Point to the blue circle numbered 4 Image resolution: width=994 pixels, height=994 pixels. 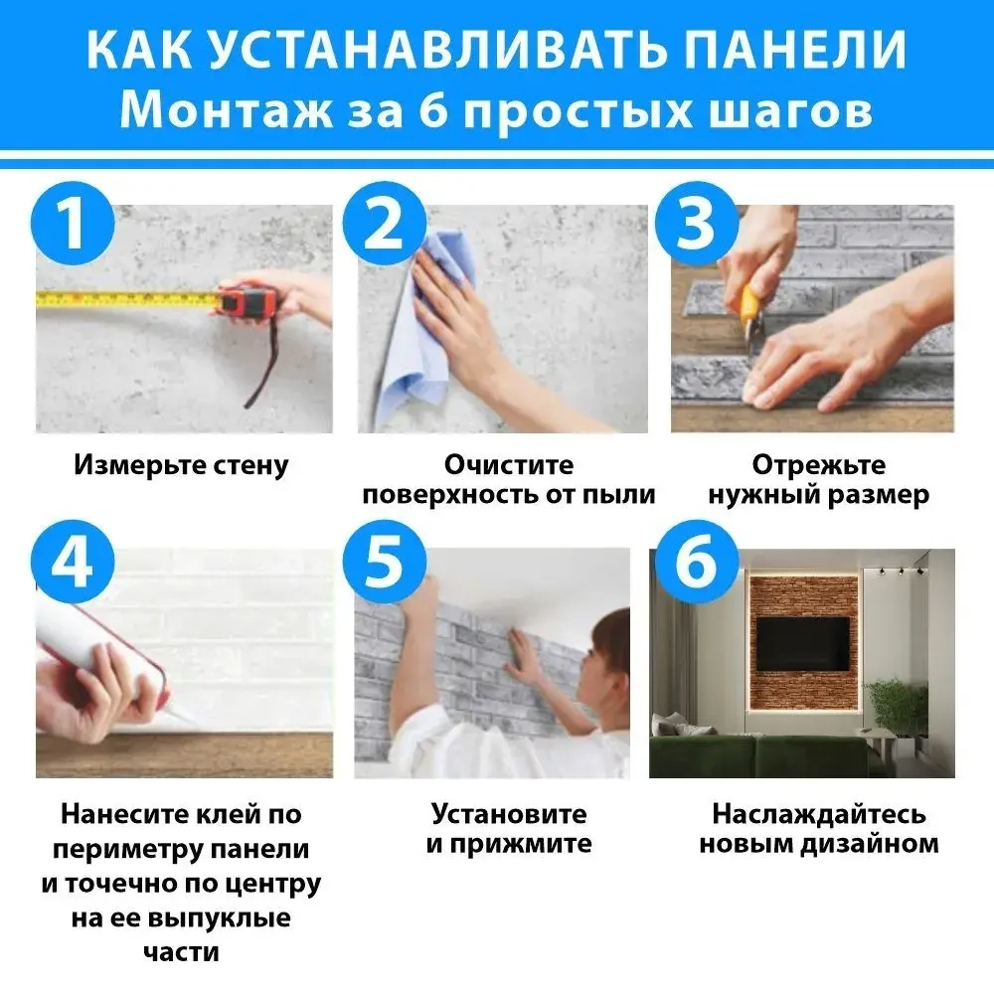(71, 564)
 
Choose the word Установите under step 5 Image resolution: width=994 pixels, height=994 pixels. (508, 814)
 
